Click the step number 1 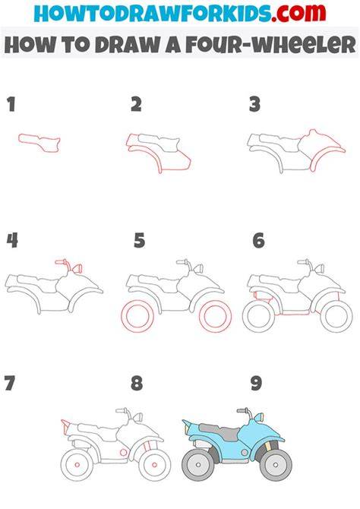click(x=11, y=105)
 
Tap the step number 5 click(x=140, y=241)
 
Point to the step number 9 click(x=256, y=383)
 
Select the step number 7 click(x=9, y=383)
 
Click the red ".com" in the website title click(x=298, y=13)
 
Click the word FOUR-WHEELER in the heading click(x=271, y=45)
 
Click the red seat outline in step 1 click(x=39, y=142)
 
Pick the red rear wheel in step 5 click(x=137, y=315)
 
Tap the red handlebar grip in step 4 click(x=60, y=261)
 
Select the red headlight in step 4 click(x=77, y=269)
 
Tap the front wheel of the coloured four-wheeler click(x=276, y=465)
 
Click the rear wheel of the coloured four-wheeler click(x=198, y=465)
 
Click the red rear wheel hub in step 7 click(x=77, y=465)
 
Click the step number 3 click(x=255, y=105)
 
